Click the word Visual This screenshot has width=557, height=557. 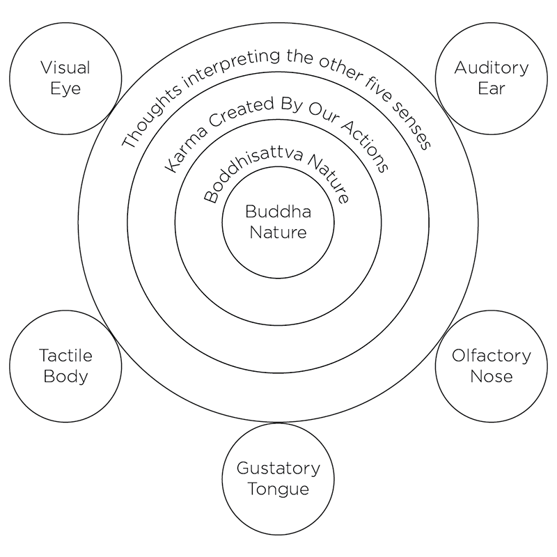65,68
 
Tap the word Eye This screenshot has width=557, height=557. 65,88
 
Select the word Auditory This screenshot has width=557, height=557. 491,68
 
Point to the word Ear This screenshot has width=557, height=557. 491,88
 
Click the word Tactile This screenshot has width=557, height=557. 65,356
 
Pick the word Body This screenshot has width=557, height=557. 65,377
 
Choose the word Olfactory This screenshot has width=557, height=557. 491,356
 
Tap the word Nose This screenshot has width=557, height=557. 491,377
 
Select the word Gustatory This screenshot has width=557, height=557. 278,468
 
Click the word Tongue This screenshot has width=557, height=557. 278,489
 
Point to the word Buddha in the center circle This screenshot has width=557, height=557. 278,211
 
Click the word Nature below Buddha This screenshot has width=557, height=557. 278,232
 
